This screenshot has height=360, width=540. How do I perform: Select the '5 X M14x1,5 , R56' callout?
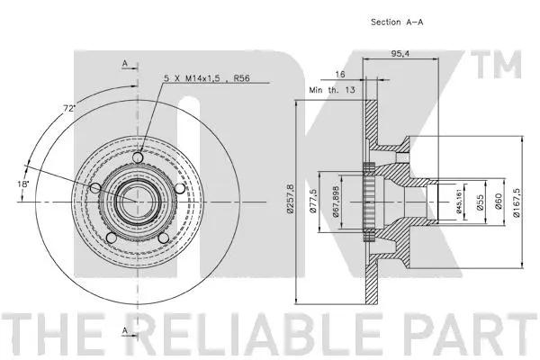point(206,79)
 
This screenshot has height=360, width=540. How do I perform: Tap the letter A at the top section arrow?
point(125,62)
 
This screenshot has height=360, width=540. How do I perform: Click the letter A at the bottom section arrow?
point(125,330)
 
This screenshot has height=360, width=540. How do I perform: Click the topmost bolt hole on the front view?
point(137,158)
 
